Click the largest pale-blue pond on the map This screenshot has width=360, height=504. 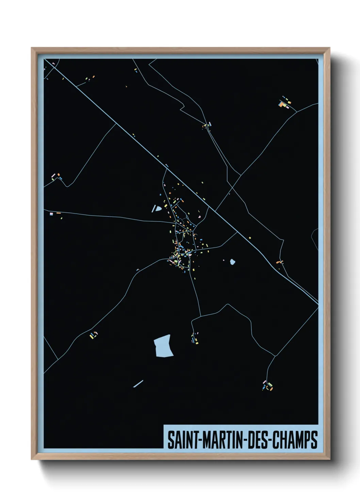click(163, 346)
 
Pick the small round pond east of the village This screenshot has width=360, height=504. click(232, 262)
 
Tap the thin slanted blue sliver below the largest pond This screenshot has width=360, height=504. click(138, 384)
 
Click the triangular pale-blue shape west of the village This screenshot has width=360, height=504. click(158, 208)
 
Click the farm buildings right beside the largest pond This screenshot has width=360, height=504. click(194, 338)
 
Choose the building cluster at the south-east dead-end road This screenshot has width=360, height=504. click(267, 386)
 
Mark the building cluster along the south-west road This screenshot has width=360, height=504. click(94, 335)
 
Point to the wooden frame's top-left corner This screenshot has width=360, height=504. click(32, 48)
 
